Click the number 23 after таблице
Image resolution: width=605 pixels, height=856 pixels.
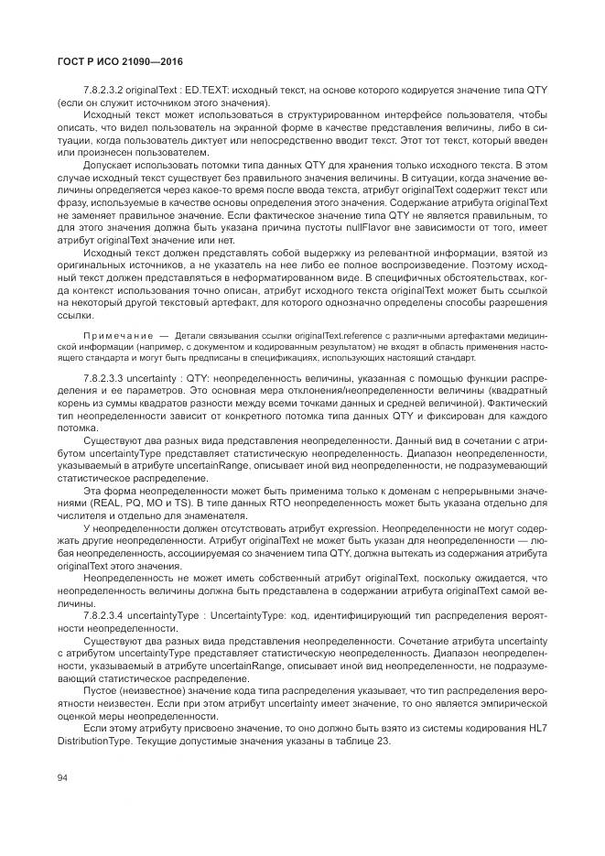click(384, 741)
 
